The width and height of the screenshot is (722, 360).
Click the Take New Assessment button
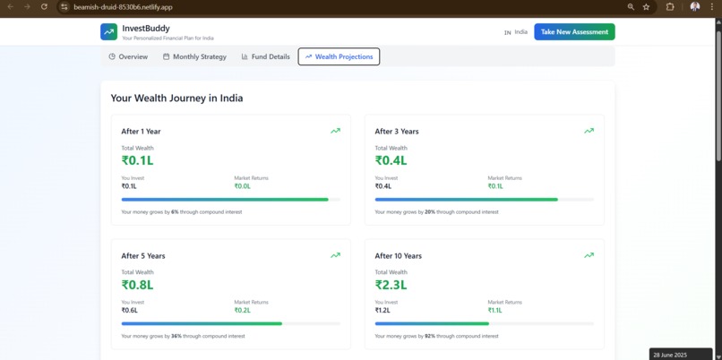pos(574,31)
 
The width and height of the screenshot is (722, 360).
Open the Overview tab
pos(128,56)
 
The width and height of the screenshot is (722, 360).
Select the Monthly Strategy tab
pos(194,56)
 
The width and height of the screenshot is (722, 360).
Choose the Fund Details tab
pos(265,56)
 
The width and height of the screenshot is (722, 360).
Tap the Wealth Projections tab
pos(339,56)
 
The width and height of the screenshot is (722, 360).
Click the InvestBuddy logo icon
pos(108,31)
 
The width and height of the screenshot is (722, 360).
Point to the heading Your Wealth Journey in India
pos(176,98)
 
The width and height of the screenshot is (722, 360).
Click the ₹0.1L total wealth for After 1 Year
pos(137,160)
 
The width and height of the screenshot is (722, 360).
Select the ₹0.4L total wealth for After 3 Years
pos(391,160)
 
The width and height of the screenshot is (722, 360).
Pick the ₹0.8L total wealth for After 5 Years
pos(137,285)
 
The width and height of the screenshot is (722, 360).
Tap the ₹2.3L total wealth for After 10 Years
pos(391,285)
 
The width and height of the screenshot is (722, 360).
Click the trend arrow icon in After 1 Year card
pos(335,131)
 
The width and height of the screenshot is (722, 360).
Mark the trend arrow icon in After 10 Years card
pos(589,255)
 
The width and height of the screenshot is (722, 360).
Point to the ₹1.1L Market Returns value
pos(495,311)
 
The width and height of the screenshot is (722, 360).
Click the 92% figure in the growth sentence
pos(429,336)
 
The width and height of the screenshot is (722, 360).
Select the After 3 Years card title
pos(397,132)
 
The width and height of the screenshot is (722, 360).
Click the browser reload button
pos(44,6)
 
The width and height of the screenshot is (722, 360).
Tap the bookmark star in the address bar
pos(646,6)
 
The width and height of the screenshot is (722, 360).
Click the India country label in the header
pos(520,31)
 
